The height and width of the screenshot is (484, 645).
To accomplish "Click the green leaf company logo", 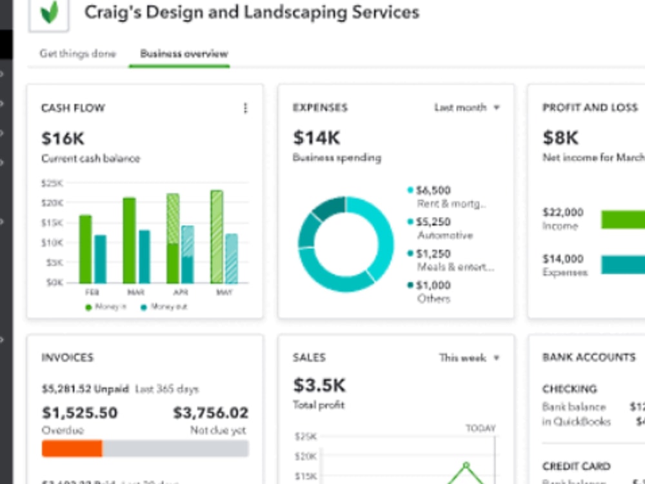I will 49,12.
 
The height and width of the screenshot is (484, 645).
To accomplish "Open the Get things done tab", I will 77,54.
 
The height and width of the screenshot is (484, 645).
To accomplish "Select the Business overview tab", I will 184,54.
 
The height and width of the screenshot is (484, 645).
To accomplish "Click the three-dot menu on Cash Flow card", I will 245,108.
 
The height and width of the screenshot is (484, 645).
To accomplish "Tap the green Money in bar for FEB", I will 85,249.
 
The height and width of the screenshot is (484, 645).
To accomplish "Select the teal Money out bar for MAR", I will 144,257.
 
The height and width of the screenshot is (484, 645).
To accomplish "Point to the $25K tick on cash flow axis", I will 52,183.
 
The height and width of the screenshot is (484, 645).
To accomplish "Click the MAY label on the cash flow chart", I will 223,292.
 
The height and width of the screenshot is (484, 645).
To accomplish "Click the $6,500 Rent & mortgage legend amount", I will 433,190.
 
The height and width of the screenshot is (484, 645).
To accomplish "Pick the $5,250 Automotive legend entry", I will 433,222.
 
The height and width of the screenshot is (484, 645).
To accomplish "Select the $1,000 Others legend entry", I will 433,285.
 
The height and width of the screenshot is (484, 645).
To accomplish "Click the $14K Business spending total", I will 316,137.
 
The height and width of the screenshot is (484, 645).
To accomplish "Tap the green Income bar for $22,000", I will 623,219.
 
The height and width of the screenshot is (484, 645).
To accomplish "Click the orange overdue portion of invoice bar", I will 72,449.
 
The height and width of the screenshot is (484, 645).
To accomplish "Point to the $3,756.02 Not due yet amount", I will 210,413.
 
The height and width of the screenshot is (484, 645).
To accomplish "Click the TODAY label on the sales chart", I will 481,428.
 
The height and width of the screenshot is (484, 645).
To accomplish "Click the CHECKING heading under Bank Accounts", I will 570,389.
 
